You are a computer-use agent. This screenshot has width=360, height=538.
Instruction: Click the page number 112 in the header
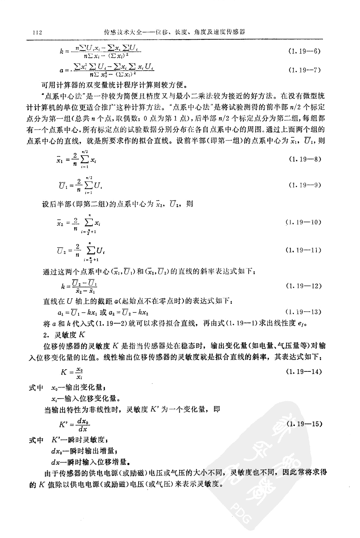[37, 32]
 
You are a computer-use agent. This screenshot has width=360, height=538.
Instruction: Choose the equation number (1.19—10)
[303, 222]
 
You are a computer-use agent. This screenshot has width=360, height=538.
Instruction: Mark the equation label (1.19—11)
[303, 250]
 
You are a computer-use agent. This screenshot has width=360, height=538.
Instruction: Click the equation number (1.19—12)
[303, 286]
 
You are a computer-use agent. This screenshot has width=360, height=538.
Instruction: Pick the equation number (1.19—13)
[303, 312]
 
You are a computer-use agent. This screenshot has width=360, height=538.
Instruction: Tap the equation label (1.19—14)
[303, 371]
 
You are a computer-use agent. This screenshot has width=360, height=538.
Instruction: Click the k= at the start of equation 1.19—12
[65, 286]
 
